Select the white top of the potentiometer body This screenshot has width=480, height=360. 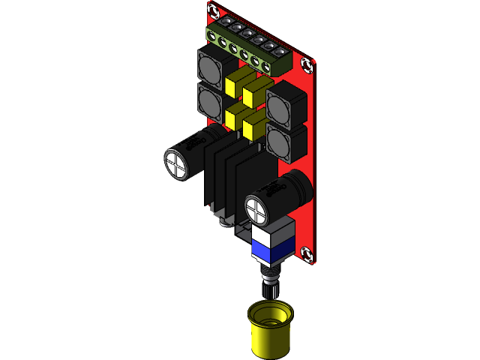point(271,234)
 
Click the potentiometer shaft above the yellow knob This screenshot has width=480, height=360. point(270,287)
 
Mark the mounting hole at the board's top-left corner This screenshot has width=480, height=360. point(213,10)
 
